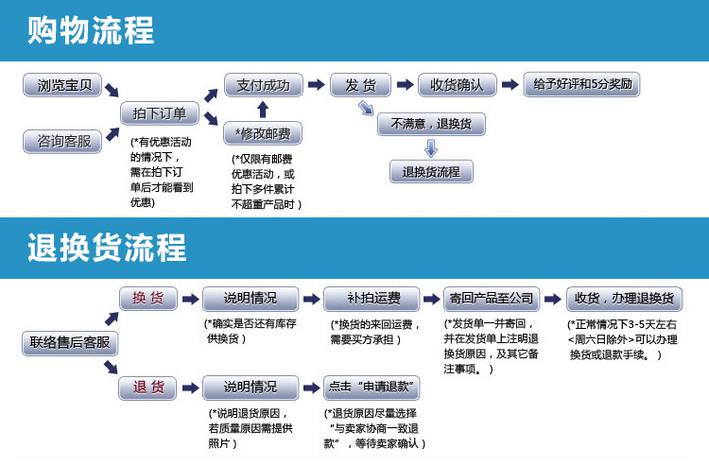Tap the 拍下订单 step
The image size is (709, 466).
pos(160,113)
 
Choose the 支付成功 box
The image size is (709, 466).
pos(262,85)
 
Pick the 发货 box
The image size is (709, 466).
pos(360,85)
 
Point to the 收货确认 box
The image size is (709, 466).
pos(457,85)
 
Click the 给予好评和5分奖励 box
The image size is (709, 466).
pos(582,84)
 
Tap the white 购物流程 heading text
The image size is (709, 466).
pos(91,31)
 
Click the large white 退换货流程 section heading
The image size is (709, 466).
pos(107,249)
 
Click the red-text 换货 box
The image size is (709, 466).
pos(148,299)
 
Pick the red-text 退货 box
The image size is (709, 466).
pos(148,388)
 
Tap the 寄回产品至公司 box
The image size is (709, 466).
pos(492,299)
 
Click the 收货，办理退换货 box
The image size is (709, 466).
pos(623,299)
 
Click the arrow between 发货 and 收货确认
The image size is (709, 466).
pos(405,85)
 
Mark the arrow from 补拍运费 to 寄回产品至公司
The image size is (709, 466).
pos(426,299)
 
